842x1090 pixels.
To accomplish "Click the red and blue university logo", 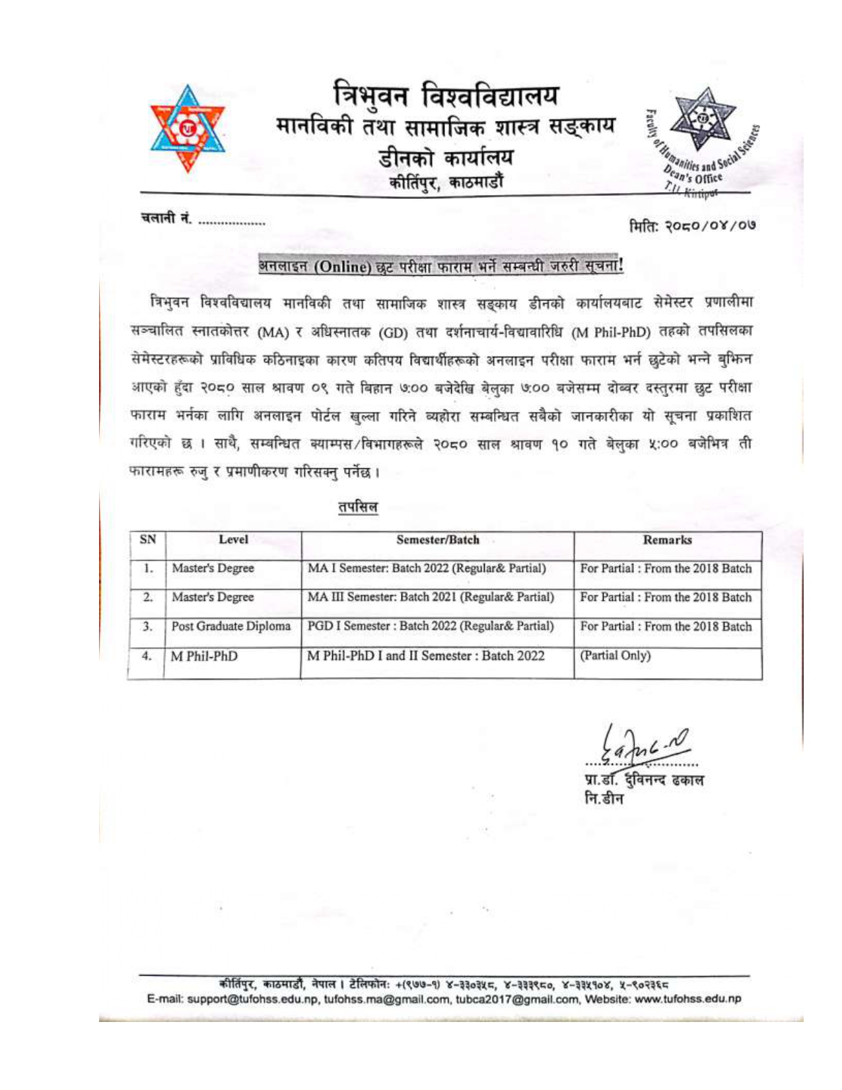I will pyautogui.click(x=188, y=129).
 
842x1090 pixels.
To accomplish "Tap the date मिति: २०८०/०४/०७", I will pyautogui.click(x=691, y=225).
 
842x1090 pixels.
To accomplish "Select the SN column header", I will pyautogui.click(x=148, y=539).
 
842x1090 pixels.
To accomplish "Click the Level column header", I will pyautogui.click(x=233, y=539).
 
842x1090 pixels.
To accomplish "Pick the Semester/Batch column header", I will pyautogui.click(x=438, y=539).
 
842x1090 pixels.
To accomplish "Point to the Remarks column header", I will pyautogui.click(x=667, y=539).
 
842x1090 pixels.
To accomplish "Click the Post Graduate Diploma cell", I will pyautogui.click(x=230, y=626).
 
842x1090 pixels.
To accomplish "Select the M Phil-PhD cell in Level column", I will pyautogui.click(x=204, y=656).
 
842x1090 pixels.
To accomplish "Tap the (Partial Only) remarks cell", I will pyautogui.click(x=615, y=655).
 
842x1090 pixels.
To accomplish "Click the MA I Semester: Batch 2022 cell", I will pyautogui.click(x=427, y=568).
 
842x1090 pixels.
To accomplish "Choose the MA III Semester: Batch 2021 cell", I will pyautogui.click(x=431, y=597).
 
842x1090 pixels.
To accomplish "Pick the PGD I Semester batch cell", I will pyautogui.click(x=431, y=626).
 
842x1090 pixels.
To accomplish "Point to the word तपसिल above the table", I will pyautogui.click(x=358, y=507).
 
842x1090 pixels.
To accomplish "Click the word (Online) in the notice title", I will pyautogui.click(x=342, y=267).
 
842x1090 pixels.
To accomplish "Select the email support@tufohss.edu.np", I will pyautogui.click(x=253, y=998).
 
